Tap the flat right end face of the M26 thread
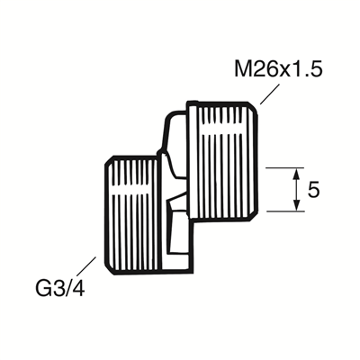coord(259,162)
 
